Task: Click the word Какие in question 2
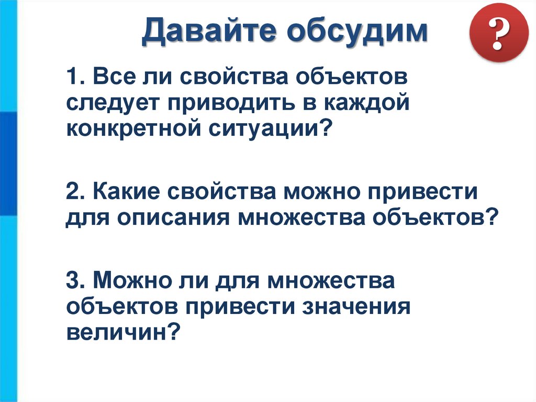point(129,191)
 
